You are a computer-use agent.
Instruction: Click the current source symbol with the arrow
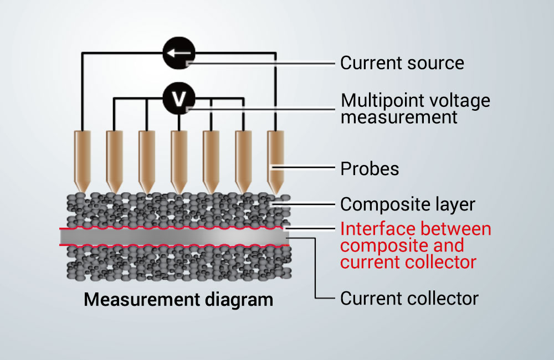pyautogui.click(x=179, y=53)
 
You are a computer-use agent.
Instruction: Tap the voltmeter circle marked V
pyautogui.click(x=179, y=98)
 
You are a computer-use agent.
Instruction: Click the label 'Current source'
pyautogui.click(x=402, y=63)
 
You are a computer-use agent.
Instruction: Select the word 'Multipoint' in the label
pyautogui.click(x=387, y=101)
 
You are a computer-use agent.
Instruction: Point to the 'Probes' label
pyautogui.click(x=370, y=169)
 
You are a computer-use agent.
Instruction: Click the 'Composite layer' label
pyautogui.click(x=408, y=204)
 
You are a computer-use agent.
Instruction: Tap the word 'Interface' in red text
pyautogui.click(x=381, y=229)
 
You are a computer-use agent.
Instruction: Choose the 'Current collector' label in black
pyautogui.click(x=409, y=299)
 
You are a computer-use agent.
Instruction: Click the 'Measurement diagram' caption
pyautogui.click(x=178, y=300)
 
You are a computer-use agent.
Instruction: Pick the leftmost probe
pyautogui.click(x=83, y=162)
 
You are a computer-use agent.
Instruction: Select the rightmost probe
pyautogui.click(x=275, y=162)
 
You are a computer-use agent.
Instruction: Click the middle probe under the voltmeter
pyautogui.click(x=179, y=162)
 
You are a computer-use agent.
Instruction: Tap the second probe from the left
pyautogui.click(x=115, y=162)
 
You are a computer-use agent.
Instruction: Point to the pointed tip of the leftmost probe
pyautogui.click(x=83, y=192)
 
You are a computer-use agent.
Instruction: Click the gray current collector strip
pyautogui.click(x=175, y=237)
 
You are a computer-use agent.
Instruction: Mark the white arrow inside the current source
pyautogui.click(x=179, y=53)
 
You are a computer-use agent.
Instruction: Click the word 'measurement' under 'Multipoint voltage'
pyautogui.click(x=399, y=117)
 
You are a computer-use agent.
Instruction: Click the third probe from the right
pyautogui.click(x=211, y=162)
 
